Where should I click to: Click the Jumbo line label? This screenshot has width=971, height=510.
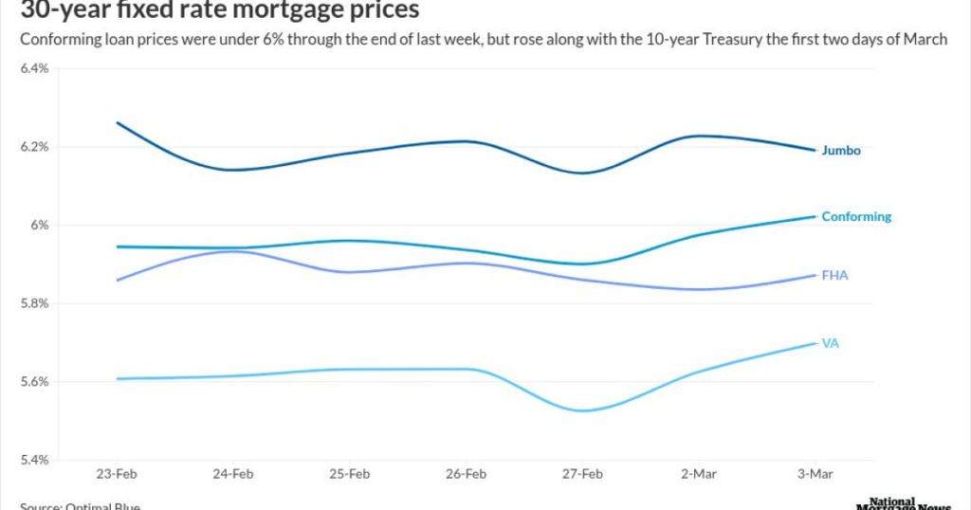tap(840, 150)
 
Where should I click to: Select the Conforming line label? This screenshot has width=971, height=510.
tap(855, 216)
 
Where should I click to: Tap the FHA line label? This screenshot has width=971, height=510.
tap(834, 275)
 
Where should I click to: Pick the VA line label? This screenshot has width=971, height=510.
tap(830, 343)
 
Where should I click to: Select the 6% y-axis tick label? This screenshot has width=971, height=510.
tap(39, 226)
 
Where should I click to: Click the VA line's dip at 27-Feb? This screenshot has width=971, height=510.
tap(581, 410)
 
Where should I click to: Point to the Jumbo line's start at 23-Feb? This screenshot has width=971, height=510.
tap(118, 122)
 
